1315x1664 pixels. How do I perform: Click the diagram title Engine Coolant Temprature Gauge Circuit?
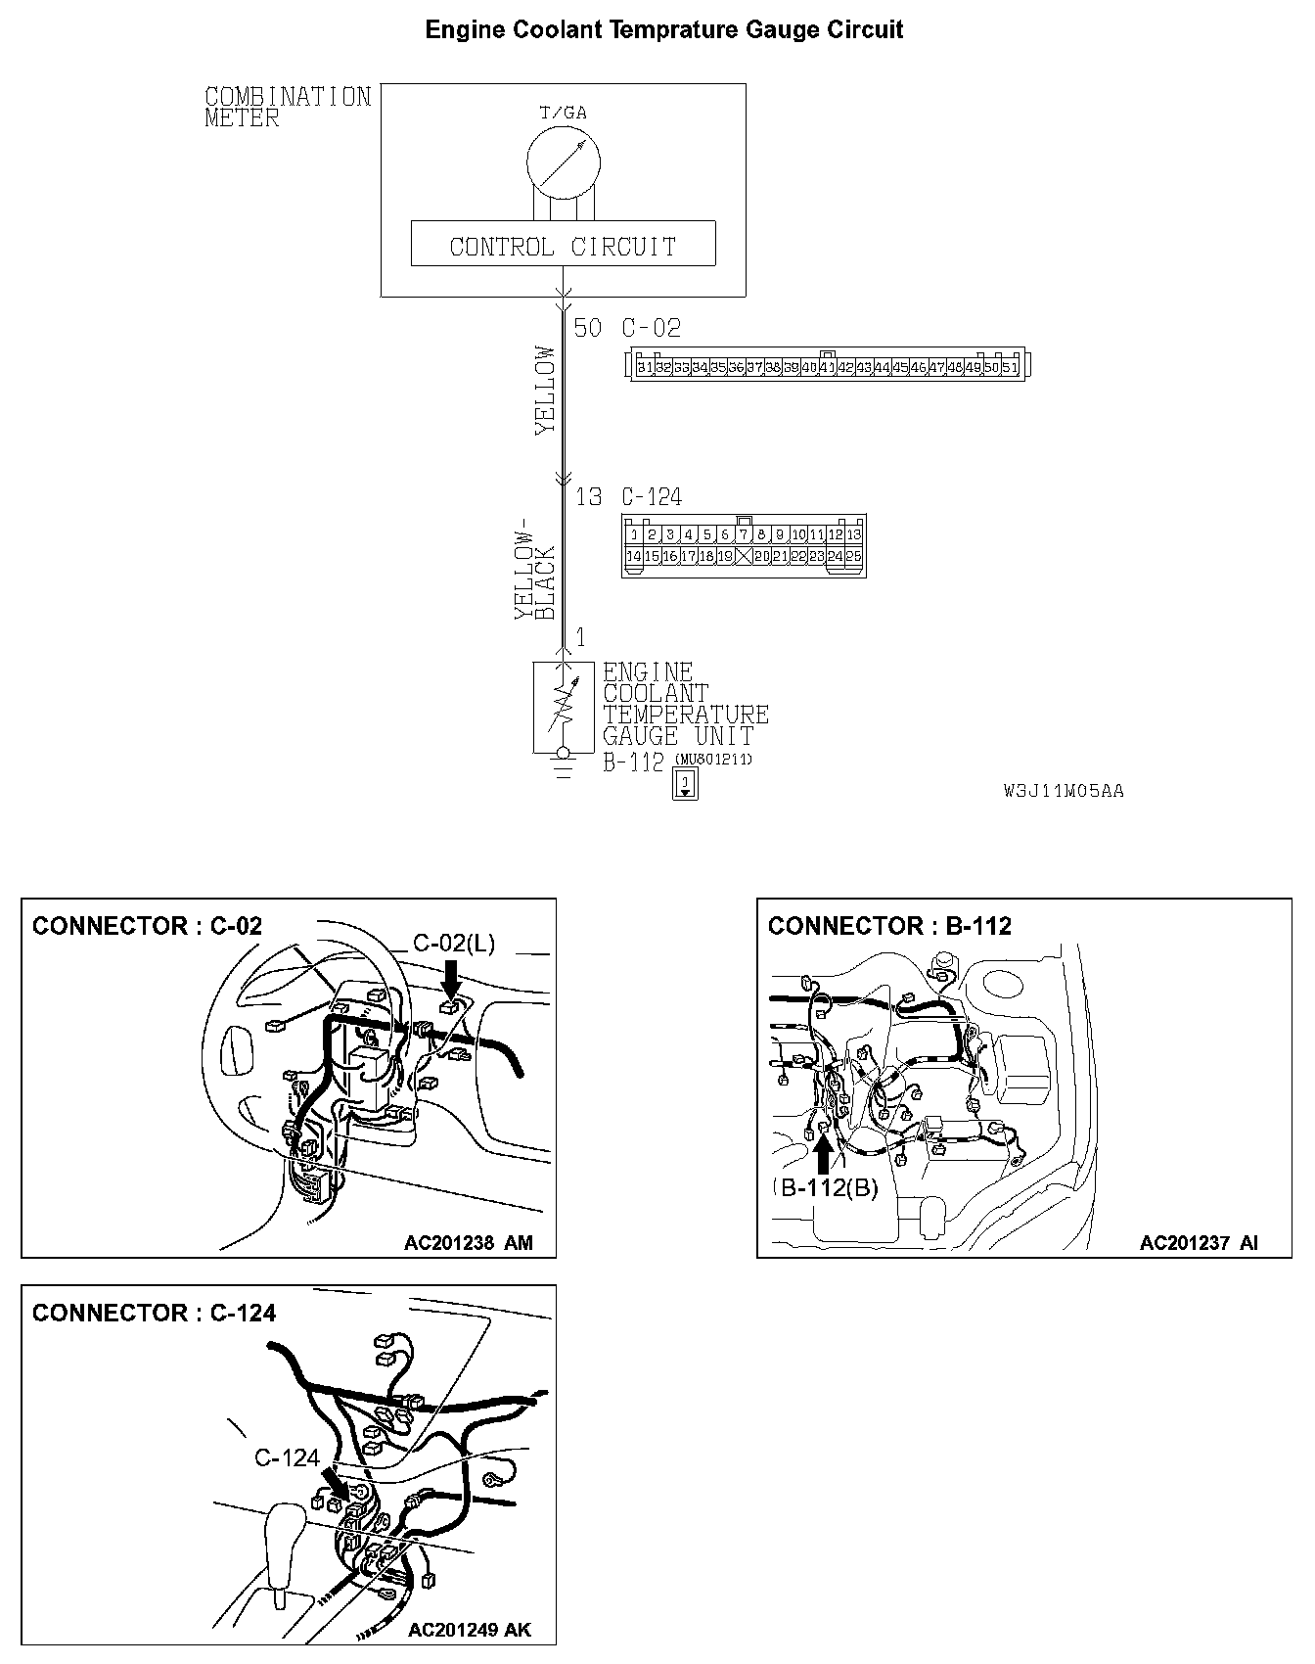point(663,30)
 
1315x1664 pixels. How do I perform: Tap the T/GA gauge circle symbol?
point(562,161)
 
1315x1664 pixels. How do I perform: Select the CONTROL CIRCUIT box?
point(563,245)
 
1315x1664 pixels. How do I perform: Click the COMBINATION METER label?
point(288,108)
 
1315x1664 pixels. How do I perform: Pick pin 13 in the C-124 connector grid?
point(853,534)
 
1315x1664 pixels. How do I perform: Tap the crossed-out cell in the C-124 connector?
point(744,556)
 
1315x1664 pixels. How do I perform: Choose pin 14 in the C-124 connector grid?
point(634,556)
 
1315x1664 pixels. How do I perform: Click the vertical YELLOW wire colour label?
point(545,390)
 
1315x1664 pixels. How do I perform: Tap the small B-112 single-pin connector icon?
point(686,784)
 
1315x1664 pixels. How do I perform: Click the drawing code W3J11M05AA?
point(1063,791)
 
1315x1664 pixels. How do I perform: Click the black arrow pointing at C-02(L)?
point(451,978)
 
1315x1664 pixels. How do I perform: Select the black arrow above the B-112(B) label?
point(823,1151)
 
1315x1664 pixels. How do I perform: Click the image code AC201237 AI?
point(1199,1243)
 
